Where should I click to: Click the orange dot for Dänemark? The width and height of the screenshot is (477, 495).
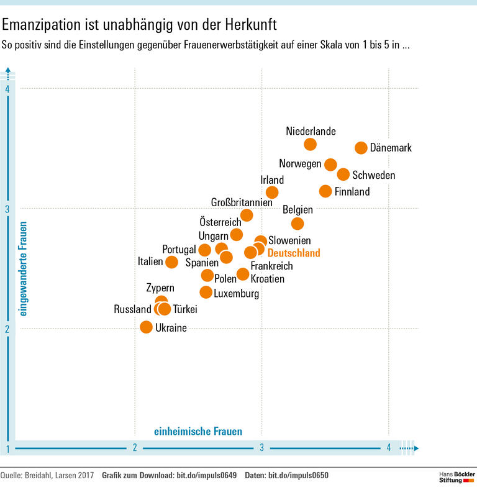(x=361, y=147)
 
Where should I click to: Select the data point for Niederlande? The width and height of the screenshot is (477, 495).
(x=311, y=144)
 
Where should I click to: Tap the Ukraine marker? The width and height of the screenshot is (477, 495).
(x=146, y=327)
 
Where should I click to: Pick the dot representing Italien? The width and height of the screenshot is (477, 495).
(x=171, y=261)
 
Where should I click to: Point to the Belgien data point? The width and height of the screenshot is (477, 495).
(x=298, y=224)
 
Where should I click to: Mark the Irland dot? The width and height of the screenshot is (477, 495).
(x=272, y=193)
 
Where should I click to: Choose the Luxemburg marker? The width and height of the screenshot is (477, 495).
(x=206, y=292)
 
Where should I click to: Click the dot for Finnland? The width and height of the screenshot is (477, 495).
(x=325, y=191)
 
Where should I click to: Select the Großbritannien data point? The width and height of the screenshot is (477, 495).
(x=247, y=215)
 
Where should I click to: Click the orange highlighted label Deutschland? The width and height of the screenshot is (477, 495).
(x=294, y=253)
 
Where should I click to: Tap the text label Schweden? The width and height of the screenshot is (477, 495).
(x=373, y=175)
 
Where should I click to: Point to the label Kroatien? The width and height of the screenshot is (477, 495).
(x=267, y=279)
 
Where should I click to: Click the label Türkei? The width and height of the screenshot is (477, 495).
(x=184, y=309)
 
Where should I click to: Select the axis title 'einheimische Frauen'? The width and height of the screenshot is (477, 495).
(x=198, y=431)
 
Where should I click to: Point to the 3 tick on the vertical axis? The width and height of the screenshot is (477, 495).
(x=7, y=209)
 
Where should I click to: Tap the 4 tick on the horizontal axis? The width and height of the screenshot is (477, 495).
(x=388, y=447)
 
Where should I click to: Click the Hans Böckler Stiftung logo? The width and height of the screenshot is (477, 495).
(x=457, y=477)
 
